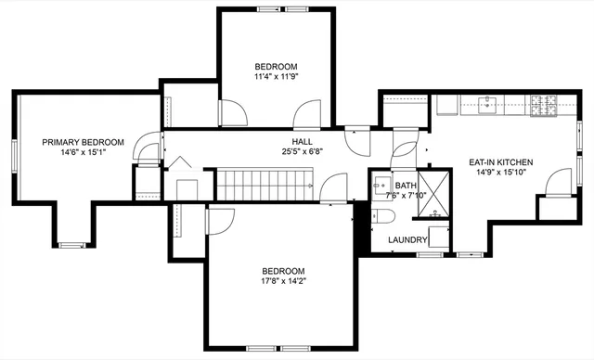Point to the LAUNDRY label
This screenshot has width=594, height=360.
[407, 240]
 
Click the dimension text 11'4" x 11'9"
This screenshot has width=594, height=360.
[277, 78]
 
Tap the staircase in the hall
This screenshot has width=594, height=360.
[265, 186]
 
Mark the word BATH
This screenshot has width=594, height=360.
[406, 186]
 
